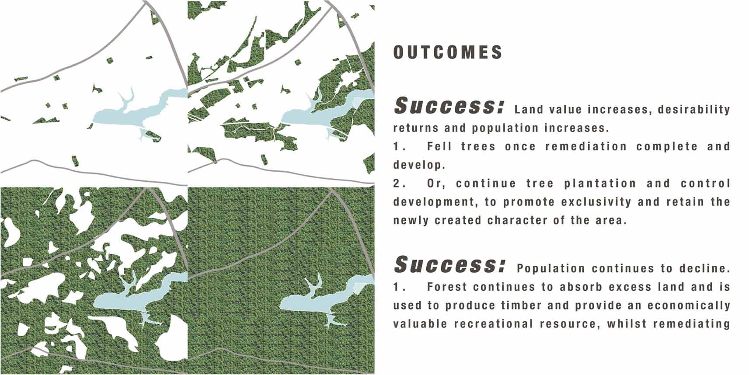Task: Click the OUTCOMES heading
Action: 448,52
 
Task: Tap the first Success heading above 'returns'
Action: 449,106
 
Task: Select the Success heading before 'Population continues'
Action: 449,264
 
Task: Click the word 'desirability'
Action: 694,110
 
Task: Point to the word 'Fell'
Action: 439,146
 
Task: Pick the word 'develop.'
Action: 419,165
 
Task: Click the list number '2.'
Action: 400,184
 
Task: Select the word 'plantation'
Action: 600,184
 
